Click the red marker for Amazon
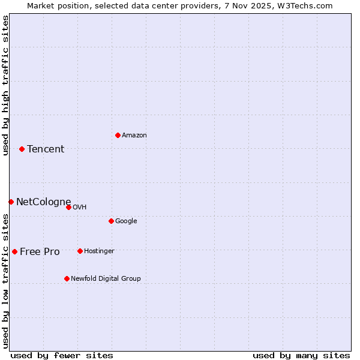point(118,135)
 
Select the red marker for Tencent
point(22,149)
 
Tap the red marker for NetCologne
point(11,202)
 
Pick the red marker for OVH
point(68,207)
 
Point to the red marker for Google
point(111,221)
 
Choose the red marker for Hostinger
point(80,251)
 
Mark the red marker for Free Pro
point(14,251)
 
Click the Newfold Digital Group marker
point(67,278)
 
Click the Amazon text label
point(134,136)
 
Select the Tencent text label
point(46,149)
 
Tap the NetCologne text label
point(43,202)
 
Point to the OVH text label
point(80,208)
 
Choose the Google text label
point(126,221)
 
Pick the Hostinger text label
point(99,251)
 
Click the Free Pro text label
point(40,252)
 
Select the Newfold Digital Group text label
point(106,279)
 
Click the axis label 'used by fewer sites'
point(62,355)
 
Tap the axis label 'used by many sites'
point(301,355)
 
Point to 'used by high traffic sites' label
point(5,85)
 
